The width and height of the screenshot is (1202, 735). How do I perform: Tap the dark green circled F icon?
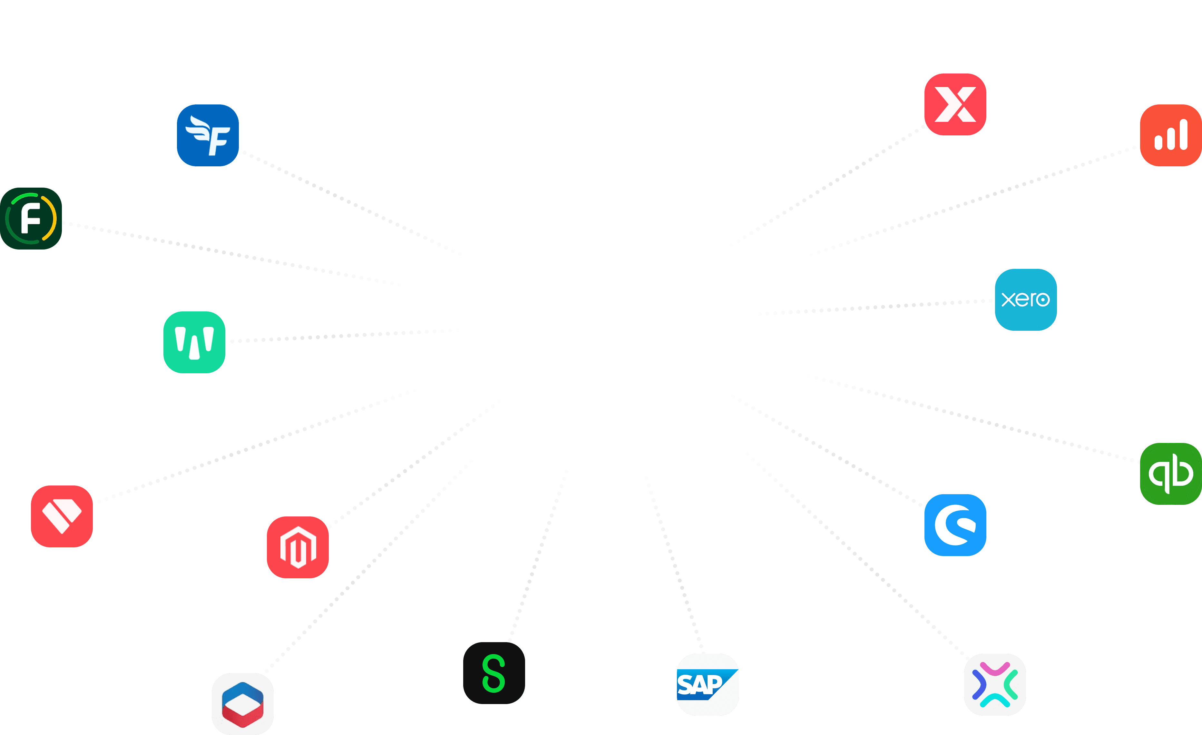click(31, 219)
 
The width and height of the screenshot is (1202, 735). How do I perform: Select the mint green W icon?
click(194, 342)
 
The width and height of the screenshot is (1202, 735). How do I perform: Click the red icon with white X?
click(955, 104)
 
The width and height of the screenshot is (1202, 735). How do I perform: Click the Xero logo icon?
click(1025, 299)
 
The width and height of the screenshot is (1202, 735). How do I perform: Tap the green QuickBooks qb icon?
click(1170, 474)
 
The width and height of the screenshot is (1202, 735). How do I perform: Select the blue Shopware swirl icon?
click(955, 525)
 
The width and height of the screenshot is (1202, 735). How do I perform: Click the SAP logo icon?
click(707, 684)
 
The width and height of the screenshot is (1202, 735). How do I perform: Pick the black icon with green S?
click(494, 673)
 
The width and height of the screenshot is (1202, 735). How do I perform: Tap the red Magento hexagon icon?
click(298, 547)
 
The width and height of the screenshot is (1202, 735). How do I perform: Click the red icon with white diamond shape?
click(62, 516)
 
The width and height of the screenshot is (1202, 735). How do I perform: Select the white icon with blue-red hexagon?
click(242, 704)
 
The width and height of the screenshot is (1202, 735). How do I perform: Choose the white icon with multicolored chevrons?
click(995, 684)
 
